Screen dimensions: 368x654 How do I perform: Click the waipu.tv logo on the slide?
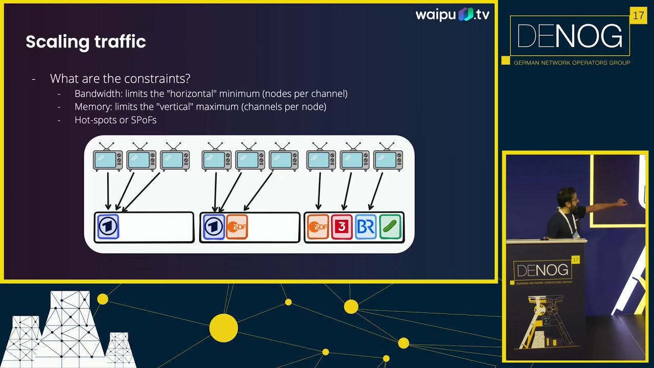[452, 14]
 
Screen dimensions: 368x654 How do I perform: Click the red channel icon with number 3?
[342, 227]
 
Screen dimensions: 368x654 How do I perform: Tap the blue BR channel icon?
[366, 227]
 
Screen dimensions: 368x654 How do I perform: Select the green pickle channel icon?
[390, 227]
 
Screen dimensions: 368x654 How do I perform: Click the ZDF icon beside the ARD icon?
[237, 227]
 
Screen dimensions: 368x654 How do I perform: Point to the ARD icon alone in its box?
[108, 226]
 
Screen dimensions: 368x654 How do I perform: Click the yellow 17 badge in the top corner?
[638, 16]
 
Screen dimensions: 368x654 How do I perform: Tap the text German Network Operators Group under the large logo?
[572, 63]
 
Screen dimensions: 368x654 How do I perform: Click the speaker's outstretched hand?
[622, 202]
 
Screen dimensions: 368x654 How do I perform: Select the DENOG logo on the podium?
[542, 270]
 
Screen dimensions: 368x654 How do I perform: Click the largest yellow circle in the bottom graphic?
[223, 328]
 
